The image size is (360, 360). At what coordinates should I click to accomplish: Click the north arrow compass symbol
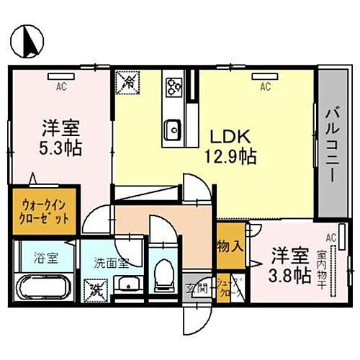point(27,40)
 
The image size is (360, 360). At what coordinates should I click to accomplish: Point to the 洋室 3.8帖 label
point(290,265)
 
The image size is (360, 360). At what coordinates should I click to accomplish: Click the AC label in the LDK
point(264,87)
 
